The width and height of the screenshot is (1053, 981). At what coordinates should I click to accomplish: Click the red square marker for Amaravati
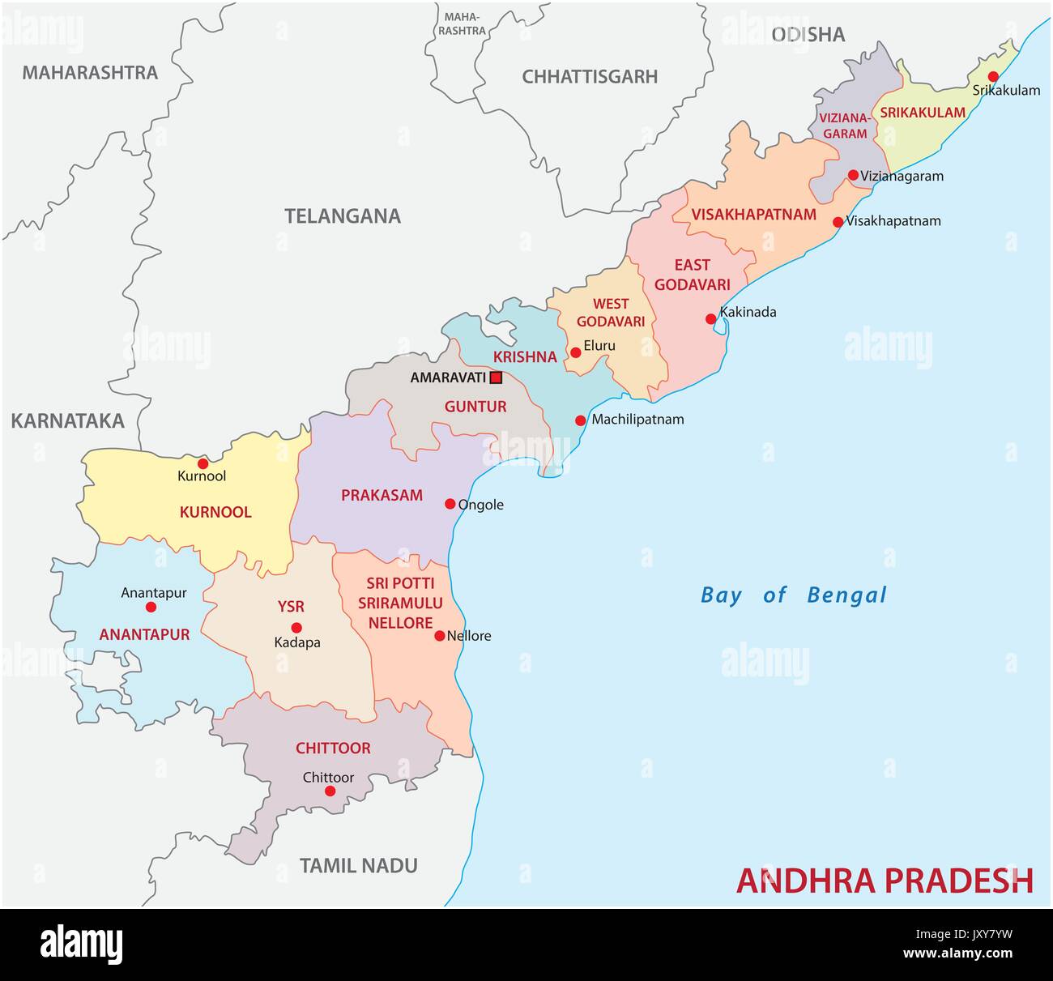coord(497,377)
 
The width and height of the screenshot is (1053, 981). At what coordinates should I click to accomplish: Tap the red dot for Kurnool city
coord(202,463)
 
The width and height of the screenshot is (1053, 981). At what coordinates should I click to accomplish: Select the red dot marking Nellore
coord(440,636)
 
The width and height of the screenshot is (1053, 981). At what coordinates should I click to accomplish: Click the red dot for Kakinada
coord(711,318)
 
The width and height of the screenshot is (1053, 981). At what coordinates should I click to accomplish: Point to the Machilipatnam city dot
coord(581,420)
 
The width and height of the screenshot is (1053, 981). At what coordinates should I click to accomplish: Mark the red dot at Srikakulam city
coord(993,76)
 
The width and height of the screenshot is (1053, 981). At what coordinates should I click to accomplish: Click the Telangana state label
coord(342,216)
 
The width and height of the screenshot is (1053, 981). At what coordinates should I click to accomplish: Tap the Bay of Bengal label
coord(793,595)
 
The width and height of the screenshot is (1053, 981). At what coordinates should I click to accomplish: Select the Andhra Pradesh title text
coord(885,881)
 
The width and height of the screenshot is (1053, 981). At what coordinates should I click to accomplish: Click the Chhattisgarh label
coord(589,77)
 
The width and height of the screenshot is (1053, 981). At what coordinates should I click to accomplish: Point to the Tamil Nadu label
coord(358,865)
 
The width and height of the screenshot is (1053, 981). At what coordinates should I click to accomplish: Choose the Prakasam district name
coord(382,495)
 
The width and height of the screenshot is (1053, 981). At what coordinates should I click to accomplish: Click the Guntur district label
coord(475,407)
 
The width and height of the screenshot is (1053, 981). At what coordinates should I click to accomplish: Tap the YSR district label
coord(291,607)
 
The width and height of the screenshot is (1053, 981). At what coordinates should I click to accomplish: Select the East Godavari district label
coord(693,275)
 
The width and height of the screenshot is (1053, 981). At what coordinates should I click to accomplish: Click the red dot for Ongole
coord(450,504)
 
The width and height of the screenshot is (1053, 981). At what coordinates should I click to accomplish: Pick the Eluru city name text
coord(599,345)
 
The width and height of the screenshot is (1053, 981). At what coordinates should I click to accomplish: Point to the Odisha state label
coord(808,34)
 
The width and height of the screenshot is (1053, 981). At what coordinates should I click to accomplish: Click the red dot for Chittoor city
coord(330,791)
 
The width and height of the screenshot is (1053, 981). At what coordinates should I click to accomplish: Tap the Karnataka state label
coord(67,420)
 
